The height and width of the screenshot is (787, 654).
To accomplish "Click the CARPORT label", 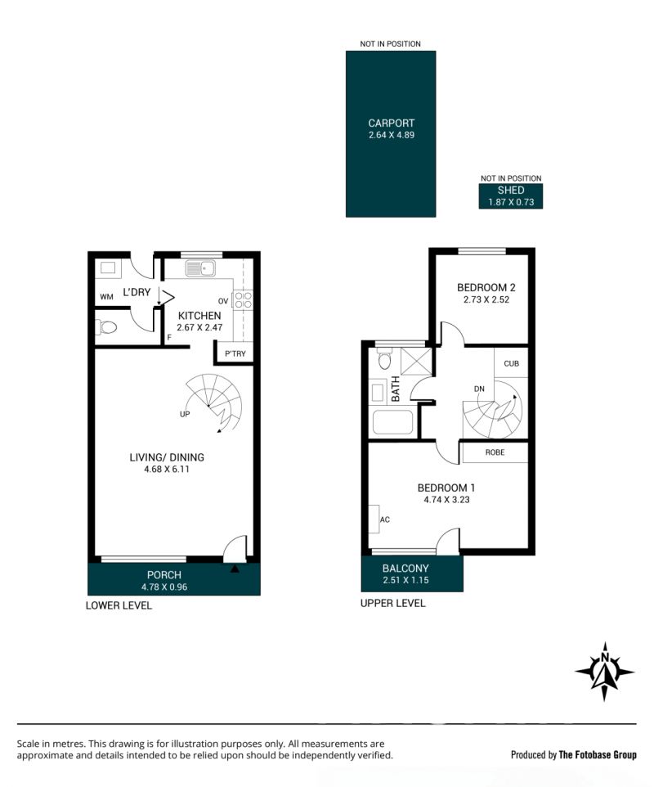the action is pos(392,123).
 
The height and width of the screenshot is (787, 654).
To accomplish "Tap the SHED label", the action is pos(511,191).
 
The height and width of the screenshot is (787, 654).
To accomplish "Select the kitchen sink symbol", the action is pos(200,268).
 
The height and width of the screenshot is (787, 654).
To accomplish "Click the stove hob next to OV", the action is pos(244,299).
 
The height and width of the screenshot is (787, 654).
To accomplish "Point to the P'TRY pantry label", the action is pos(235,354).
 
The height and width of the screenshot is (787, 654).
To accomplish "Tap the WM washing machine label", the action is pos(106,297).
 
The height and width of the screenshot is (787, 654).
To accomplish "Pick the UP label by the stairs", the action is pos(185,414).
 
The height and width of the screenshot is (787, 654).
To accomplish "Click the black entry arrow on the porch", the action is pos(235,569).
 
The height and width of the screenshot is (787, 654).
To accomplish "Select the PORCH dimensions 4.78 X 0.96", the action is pos(164,587).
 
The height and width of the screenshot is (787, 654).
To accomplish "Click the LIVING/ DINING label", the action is pos(167,457).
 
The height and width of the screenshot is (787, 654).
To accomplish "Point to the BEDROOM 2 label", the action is pos(486,288).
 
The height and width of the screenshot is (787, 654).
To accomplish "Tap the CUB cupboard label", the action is pos(511,363).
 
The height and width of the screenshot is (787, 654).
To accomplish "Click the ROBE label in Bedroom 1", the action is pos(495,452).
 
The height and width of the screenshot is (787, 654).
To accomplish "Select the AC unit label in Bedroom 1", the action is pos(385,519).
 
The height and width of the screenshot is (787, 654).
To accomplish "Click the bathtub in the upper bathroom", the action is pos(392,423).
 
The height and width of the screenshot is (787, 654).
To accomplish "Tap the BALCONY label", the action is pos(405,569).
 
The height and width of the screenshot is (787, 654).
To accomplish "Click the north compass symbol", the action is pos(605,671).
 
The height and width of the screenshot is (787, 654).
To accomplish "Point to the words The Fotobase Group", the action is pos(598,754).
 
